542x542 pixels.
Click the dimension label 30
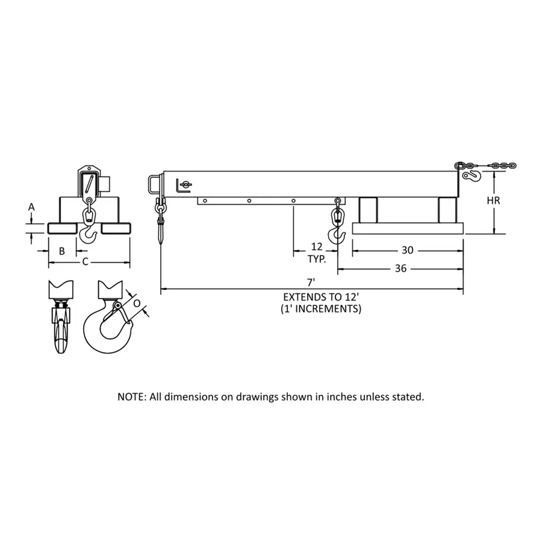[408, 250]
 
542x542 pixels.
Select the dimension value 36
[400, 268]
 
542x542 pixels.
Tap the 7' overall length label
[311, 282]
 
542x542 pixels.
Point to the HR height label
[493, 200]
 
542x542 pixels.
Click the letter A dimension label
[31, 207]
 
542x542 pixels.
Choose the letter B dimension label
[62, 251]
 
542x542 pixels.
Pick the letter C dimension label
[86, 262]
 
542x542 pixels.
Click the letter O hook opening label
[137, 303]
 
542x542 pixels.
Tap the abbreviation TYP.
[317, 259]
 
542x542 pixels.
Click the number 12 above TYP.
[317, 246]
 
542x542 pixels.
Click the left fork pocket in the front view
[62, 228]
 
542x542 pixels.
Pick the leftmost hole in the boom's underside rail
[205, 201]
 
